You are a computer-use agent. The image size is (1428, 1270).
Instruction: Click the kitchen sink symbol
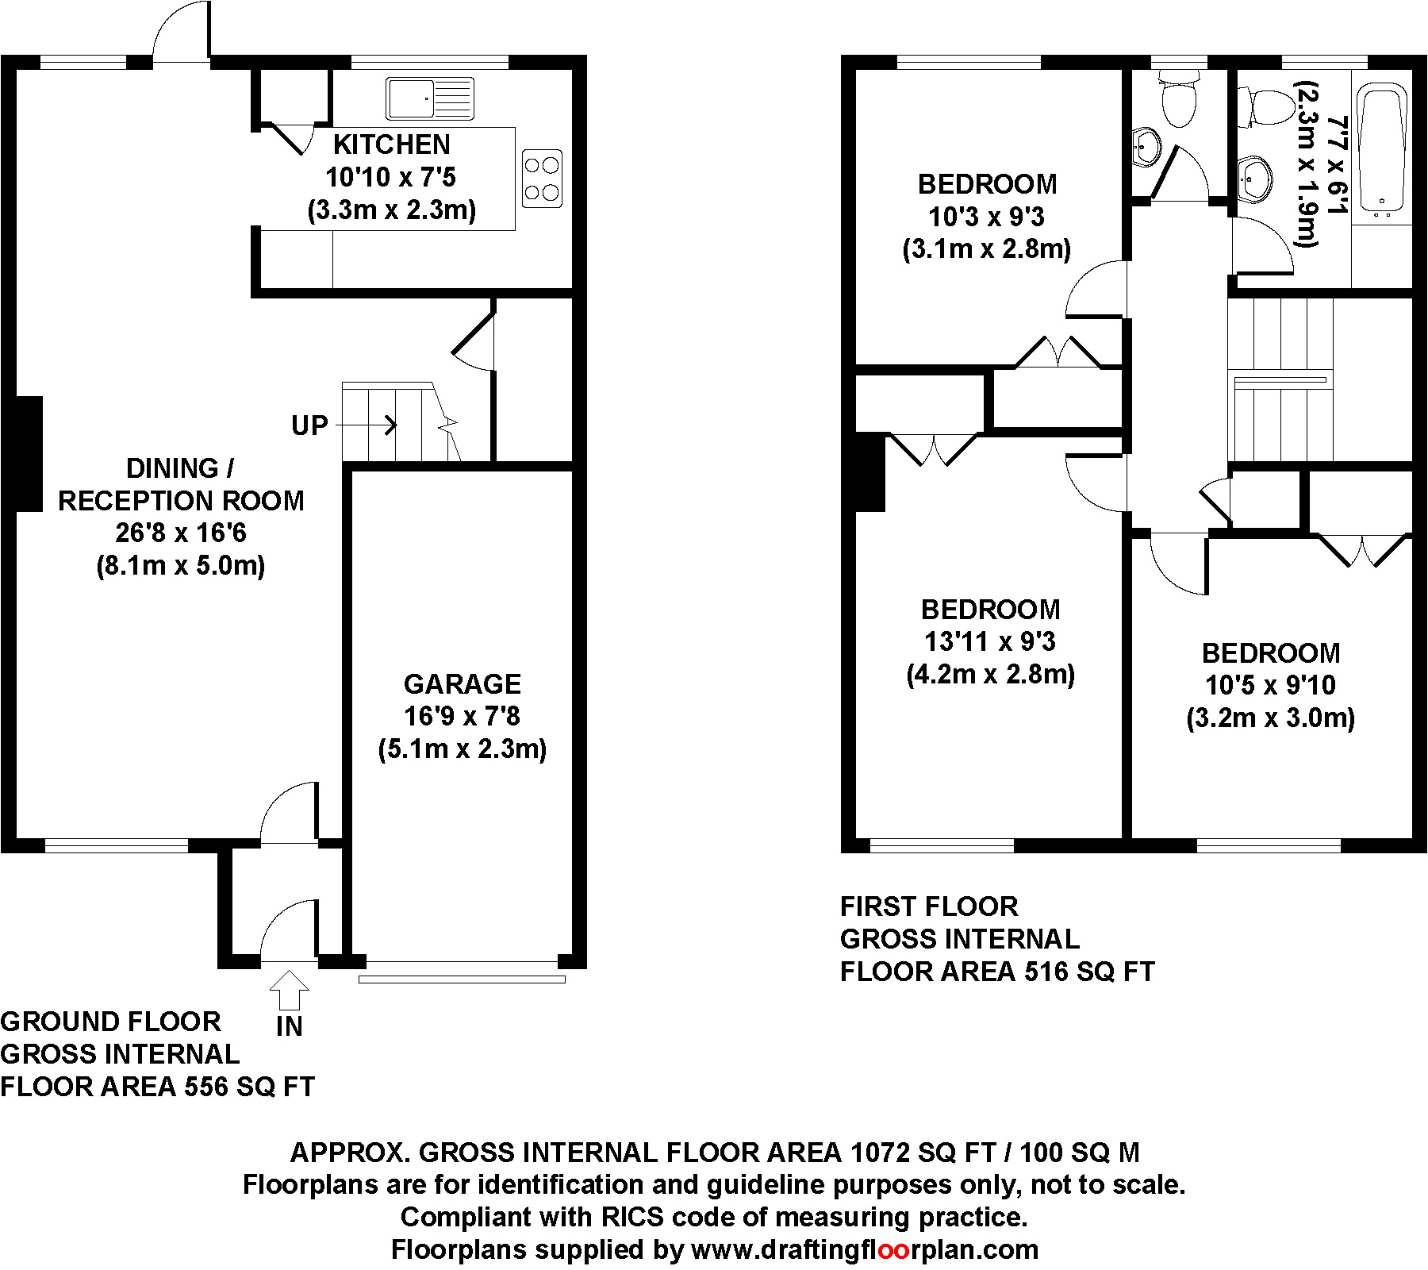[430, 98]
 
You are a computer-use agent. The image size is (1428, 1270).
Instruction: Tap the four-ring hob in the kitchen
[543, 179]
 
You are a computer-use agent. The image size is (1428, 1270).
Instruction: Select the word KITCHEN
[392, 144]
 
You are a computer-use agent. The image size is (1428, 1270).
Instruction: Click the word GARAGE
[463, 684]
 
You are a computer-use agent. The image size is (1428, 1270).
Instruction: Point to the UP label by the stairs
[309, 426]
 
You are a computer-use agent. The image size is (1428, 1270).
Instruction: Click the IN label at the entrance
[290, 1027]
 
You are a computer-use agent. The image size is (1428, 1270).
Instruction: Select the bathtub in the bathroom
[1382, 152]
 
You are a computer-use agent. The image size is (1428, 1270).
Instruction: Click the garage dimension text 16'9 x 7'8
[463, 717]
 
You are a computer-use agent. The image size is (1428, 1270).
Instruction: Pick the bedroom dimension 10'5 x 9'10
[1271, 685]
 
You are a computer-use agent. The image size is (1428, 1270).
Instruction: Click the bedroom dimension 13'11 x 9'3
[990, 641]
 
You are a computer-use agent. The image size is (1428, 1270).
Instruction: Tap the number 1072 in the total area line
[881, 1152]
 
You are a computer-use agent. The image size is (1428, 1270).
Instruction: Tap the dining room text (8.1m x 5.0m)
[181, 566]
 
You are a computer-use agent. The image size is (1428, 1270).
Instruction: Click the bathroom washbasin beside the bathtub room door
[1253, 179]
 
